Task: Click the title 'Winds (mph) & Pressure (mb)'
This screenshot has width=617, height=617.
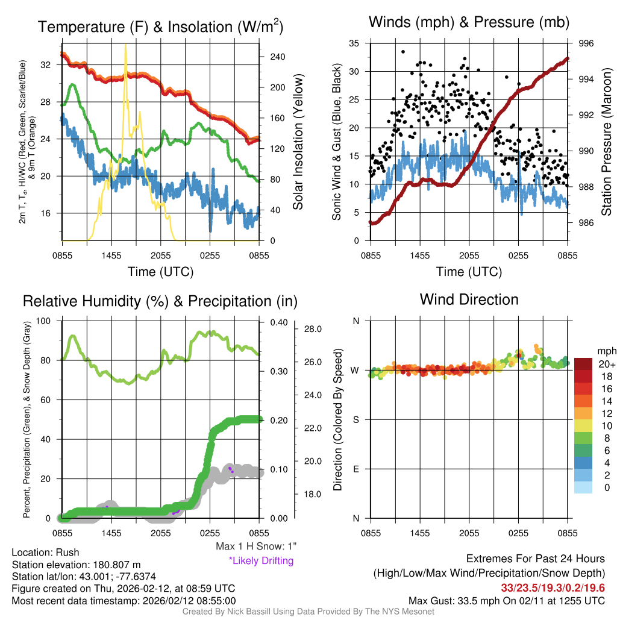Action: [x=469, y=22]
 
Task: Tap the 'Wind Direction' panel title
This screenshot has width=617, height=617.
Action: [x=469, y=299]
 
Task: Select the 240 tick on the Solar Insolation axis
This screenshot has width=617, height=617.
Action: [x=278, y=57]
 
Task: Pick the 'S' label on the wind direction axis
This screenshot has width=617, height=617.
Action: [x=355, y=419]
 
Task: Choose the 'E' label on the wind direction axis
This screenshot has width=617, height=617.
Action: [x=355, y=469]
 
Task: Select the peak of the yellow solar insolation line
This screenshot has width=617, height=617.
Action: [x=125, y=45]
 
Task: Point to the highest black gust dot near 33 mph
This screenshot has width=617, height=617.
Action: [x=402, y=52]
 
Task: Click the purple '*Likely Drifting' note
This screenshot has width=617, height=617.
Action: [x=261, y=561]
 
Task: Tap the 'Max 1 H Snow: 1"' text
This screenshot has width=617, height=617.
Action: [x=257, y=547]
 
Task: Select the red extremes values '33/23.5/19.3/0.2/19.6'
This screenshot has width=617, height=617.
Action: [x=553, y=587]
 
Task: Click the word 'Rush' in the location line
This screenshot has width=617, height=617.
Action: [x=67, y=552]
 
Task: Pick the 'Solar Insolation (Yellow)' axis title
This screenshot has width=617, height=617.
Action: [x=298, y=142]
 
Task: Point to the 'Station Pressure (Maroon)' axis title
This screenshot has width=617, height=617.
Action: [x=607, y=142]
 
